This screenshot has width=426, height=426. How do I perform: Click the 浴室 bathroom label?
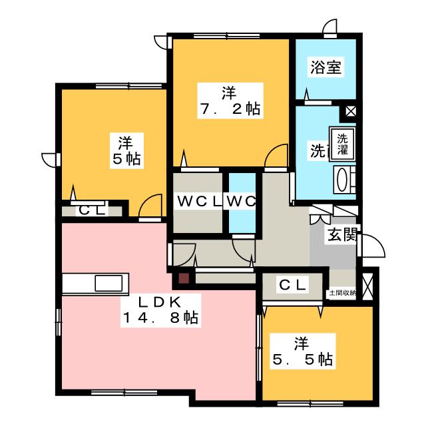[x=325, y=67]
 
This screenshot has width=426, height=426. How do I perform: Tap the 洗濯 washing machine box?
[x=341, y=144]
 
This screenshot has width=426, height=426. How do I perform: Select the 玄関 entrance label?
[x=340, y=234]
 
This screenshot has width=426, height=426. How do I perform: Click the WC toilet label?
[x=241, y=201]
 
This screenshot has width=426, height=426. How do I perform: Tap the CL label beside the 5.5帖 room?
[x=292, y=286]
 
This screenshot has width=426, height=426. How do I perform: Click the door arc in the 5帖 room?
[x=152, y=204]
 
